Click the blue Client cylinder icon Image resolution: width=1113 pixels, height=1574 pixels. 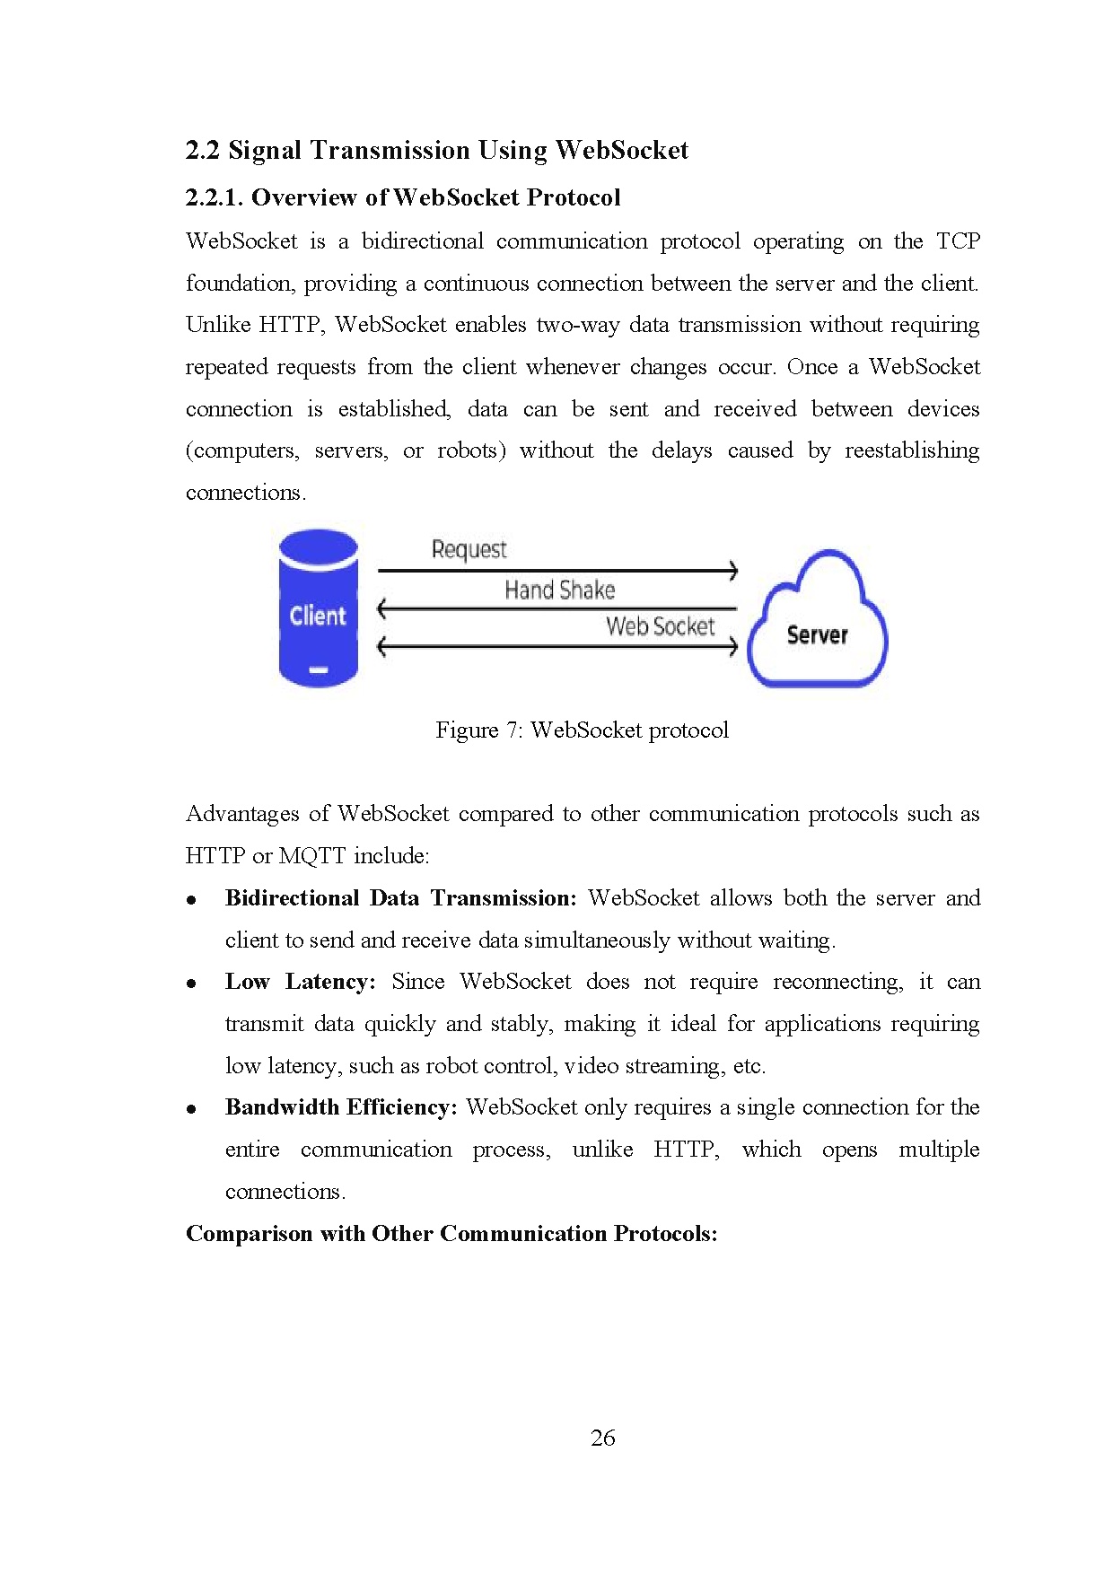point(318,609)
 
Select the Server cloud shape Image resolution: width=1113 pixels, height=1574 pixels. point(817,624)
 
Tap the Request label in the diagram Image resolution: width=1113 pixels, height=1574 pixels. point(469,549)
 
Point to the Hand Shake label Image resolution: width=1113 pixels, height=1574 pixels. point(559,590)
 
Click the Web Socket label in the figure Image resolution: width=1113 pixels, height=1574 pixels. point(660,626)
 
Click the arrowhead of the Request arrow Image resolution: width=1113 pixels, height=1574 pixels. point(733,570)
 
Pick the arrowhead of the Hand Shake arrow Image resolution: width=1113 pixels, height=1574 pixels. point(382,609)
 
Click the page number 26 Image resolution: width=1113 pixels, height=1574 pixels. point(602,1438)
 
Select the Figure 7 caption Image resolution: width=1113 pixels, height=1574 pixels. point(582,730)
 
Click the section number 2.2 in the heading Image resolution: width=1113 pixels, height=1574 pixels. point(202,150)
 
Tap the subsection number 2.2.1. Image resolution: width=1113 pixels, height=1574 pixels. point(214,197)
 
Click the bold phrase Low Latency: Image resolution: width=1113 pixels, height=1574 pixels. point(300,982)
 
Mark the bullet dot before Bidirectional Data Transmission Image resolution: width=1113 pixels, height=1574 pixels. point(191,900)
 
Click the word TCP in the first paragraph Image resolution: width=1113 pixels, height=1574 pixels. point(958,241)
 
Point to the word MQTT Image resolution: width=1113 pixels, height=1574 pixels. point(311,856)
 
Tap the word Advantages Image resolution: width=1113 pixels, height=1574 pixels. point(242,814)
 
